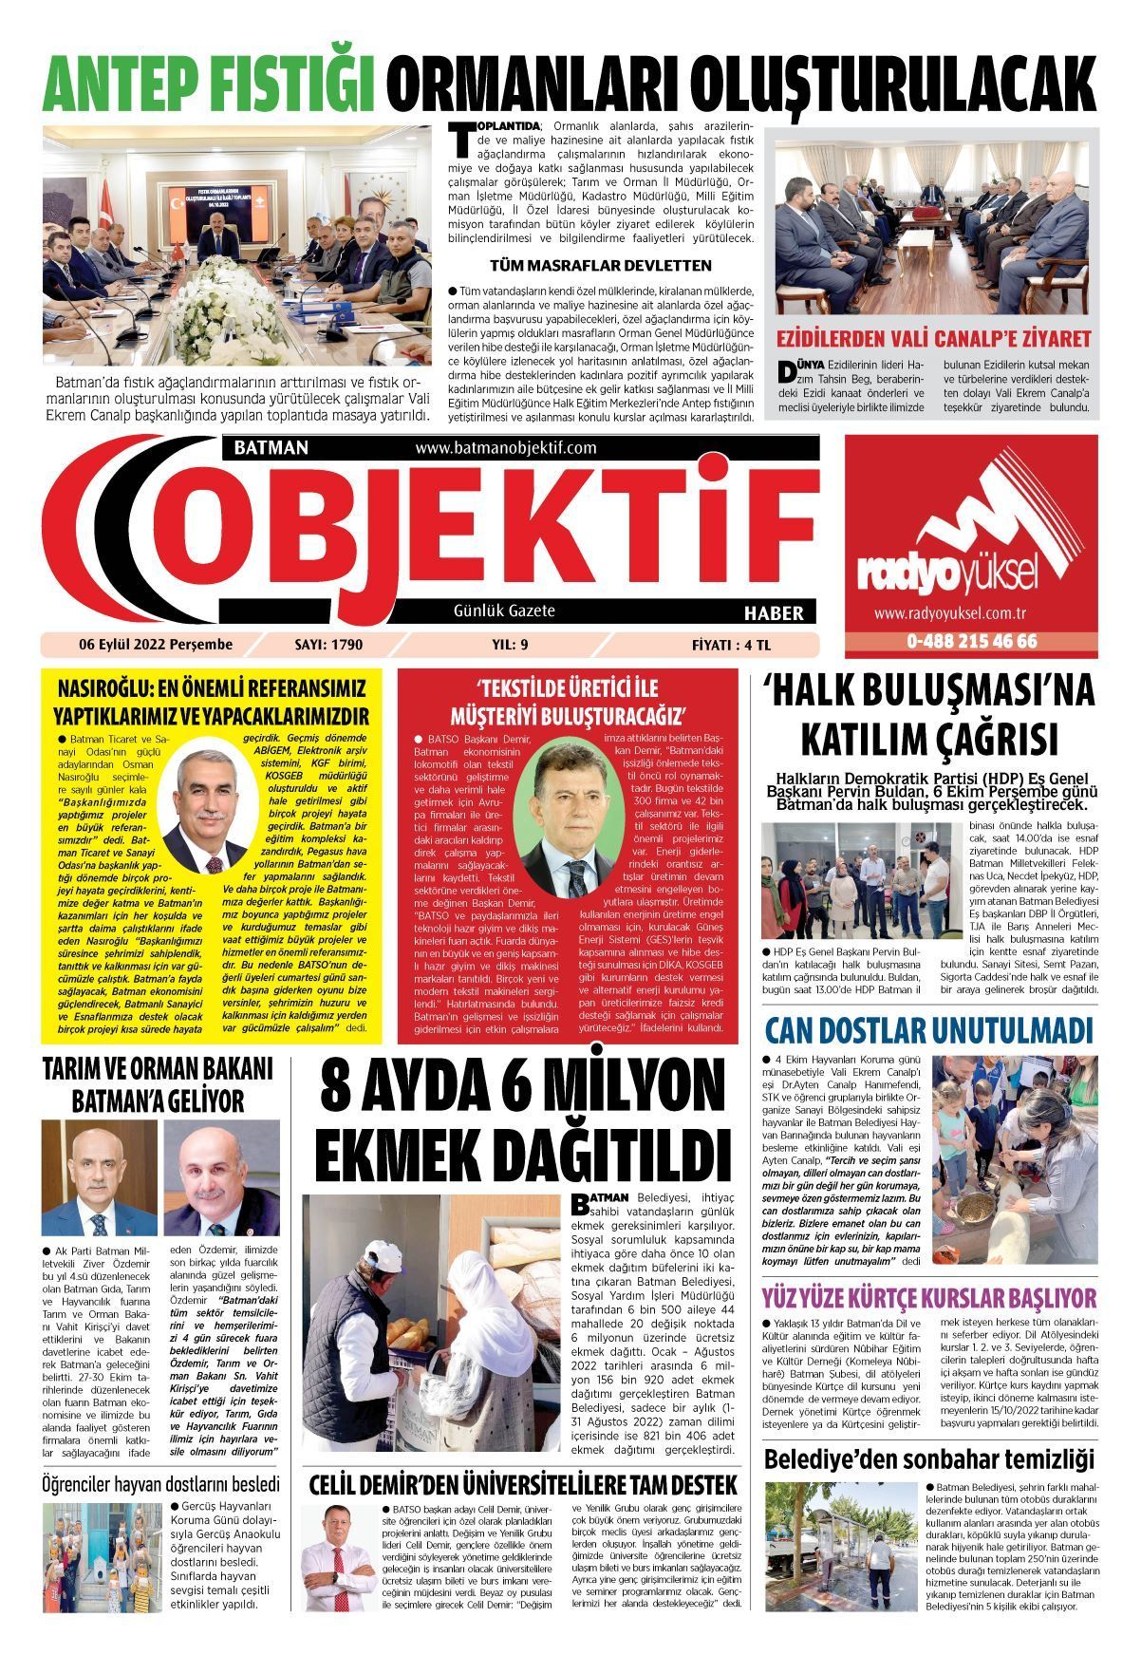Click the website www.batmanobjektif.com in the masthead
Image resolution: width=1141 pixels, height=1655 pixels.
tap(505, 447)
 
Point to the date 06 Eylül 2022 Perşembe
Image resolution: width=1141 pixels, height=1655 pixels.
tap(156, 645)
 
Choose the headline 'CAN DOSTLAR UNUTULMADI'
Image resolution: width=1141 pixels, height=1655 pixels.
tap(928, 1030)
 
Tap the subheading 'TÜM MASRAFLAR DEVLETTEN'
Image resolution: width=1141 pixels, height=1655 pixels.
tap(600, 265)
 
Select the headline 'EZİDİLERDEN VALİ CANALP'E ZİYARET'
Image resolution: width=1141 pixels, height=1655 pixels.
tap(934, 339)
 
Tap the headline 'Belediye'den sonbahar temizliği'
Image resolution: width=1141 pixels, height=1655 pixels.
tap(928, 1458)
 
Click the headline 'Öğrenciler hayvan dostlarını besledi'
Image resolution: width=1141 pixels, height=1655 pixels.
tap(161, 1483)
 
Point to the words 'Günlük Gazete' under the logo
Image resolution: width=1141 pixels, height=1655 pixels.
tap(504, 611)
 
